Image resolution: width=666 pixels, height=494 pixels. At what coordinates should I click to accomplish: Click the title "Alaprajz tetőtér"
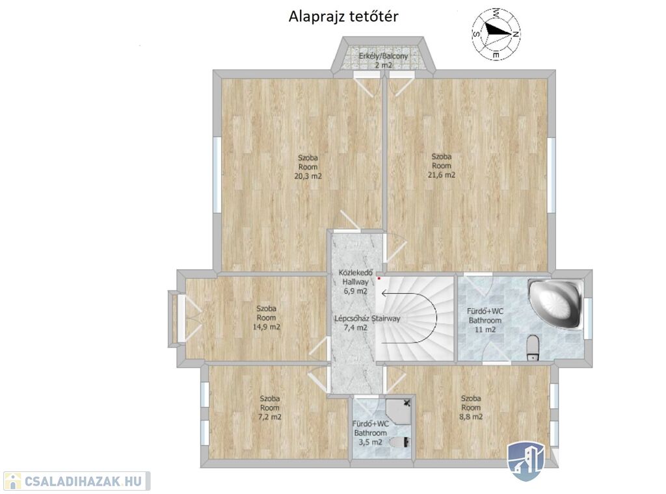[343, 16]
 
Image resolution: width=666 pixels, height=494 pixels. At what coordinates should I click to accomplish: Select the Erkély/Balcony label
[383, 56]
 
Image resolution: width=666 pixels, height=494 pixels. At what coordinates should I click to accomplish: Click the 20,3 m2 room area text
[308, 175]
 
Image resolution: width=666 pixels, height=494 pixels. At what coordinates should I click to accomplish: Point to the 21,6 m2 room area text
[442, 175]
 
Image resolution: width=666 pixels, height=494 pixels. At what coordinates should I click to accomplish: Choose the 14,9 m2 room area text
[266, 327]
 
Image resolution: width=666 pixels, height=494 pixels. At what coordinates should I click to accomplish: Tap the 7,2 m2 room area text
[270, 417]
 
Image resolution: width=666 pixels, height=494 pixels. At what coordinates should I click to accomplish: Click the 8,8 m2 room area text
[471, 417]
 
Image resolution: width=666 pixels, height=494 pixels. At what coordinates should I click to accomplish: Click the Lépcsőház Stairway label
[367, 318]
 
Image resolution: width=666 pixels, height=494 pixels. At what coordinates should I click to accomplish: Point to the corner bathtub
[555, 304]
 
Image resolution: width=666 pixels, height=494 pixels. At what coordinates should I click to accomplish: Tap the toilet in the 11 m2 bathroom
[532, 348]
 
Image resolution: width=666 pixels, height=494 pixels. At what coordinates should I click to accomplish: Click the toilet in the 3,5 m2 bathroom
[401, 442]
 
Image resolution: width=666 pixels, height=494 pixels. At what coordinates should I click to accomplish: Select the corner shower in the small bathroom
[399, 411]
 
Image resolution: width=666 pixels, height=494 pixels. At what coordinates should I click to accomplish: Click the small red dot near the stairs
[379, 278]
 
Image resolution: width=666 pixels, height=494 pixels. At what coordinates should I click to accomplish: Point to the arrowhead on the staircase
[384, 293]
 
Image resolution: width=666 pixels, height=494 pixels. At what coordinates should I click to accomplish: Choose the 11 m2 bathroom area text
[485, 330]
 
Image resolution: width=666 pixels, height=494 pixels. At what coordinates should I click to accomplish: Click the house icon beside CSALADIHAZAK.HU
[12, 481]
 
